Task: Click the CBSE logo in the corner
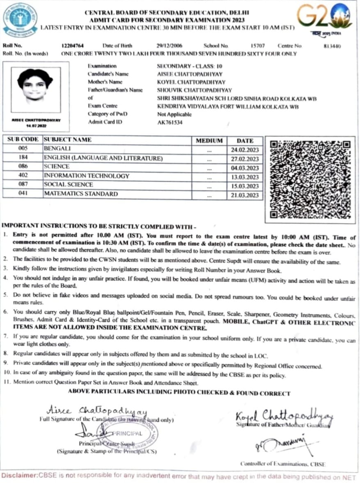20,19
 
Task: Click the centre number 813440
332,46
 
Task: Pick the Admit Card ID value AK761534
170,122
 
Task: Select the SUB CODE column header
23,140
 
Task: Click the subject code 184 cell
23,158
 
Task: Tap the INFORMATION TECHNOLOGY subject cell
87,176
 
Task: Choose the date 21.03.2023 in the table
245,195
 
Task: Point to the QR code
310,179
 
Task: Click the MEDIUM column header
209,140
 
